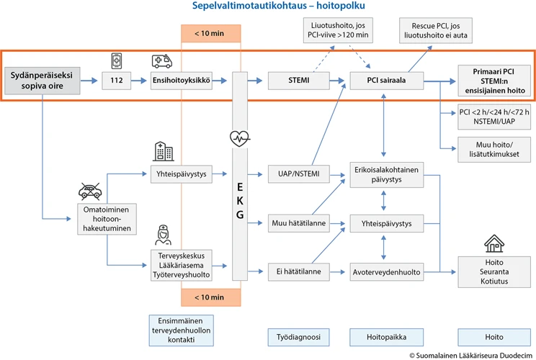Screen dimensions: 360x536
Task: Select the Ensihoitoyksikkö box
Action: coord(181,81)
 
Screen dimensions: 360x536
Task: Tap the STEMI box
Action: coord(298,81)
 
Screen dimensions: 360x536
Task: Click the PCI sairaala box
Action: coord(387,81)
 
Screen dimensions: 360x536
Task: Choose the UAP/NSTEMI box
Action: coord(298,173)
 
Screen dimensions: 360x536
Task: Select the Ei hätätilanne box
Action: coord(298,272)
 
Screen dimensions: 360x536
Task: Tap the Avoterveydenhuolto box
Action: coord(386,272)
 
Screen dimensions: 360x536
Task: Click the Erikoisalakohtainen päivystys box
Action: coord(386,173)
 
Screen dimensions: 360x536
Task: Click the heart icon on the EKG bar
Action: coord(239,137)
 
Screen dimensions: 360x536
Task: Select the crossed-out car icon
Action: coord(89,191)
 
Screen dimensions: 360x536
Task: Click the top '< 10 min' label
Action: coord(210,34)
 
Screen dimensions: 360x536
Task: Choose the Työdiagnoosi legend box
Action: coord(298,336)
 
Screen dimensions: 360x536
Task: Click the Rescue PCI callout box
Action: coord(430,30)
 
